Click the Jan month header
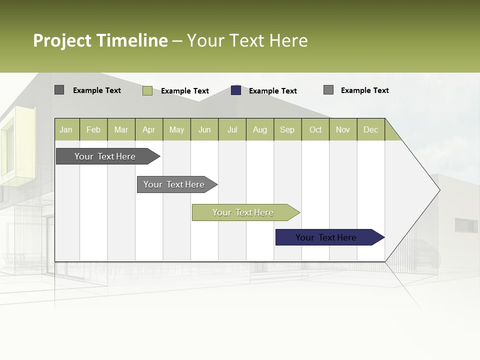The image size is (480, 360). (66, 129)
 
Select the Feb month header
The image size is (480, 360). (93, 129)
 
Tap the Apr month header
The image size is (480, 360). (148, 129)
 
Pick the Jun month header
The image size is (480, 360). (204, 129)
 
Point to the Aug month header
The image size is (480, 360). (260, 129)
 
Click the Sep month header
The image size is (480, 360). (287, 129)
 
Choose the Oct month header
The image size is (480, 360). (315, 129)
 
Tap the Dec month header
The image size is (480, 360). (371, 129)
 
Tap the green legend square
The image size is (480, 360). (147, 90)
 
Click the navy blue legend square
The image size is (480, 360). (236, 90)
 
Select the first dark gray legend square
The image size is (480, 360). (59, 90)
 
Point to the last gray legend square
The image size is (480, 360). (328, 90)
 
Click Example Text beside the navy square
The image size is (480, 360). (272, 91)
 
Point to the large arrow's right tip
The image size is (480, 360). (439, 190)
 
